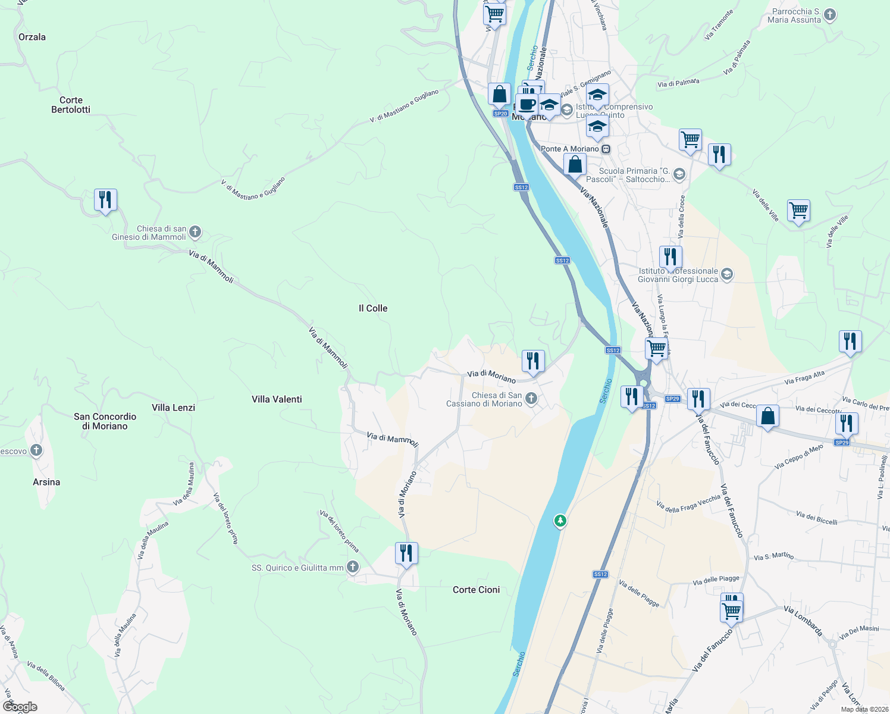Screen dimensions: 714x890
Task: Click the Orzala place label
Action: pyautogui.click(x=32, y=37)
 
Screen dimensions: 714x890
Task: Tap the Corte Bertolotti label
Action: pyautogui.click(x=71, y=105)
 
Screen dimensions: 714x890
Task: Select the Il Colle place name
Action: pyautogui.click(x=373, y=308)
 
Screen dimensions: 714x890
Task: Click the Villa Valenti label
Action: pyautogui.click(x=277, y=399)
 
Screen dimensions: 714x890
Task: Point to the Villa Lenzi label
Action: pyautogui.click(x=173, y=408)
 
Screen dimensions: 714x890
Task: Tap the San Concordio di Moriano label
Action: pyautogui.click(x=105, y=421)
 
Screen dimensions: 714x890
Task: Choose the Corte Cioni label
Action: pyautogui.click(x=476, y=590)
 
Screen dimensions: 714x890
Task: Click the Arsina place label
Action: pyautogui.click(x=46, y=482)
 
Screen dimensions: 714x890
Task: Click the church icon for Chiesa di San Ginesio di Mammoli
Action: pyautogui.click(x=195, y=232)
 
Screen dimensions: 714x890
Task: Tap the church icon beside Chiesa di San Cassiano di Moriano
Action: pyautogui.click(x=531, y=399)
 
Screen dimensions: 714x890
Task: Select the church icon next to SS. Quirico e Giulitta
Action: pyautogui.click(x=353, y=567)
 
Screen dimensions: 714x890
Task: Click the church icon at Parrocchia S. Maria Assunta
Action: pyautogui.click(x=830, y=15)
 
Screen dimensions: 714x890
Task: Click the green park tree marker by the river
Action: pyautogui.click(x=560, y=521)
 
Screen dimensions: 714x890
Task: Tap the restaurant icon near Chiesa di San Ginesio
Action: pyautogui.click(x=105, y=200)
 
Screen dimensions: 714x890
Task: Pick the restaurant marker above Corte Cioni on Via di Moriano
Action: pyautogui.click(x=406, y=553)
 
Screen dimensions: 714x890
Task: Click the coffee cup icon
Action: pyautogui.click(x=527, y=105)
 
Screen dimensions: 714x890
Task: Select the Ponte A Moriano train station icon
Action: pyautogui.click(x=606, y=149)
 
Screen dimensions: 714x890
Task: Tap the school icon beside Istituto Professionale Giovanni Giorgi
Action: pyautogui.click(x=726, y=274)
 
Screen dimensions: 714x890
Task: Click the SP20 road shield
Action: pyautogui.click(x=500, y=114)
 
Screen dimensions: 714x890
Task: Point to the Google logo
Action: pyautogui.click(x=20, y=707)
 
